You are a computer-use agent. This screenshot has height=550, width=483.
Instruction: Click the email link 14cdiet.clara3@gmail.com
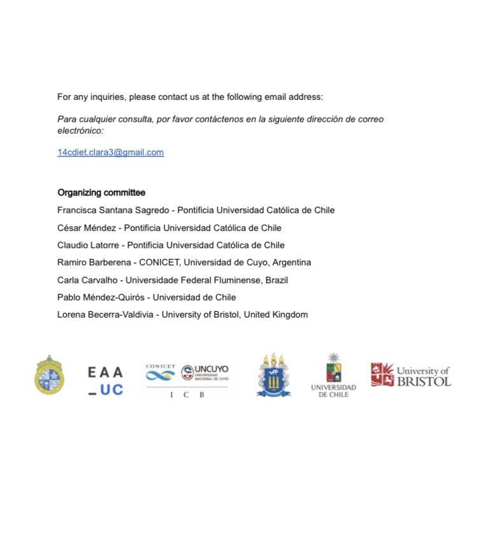[110, 152]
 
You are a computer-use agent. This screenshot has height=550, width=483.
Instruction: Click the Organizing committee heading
[101, 192]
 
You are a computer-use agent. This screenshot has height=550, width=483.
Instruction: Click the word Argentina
[292, 262]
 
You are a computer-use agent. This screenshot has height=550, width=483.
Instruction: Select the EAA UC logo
[106, 381]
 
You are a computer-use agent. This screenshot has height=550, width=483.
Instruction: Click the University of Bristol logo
[411, 376]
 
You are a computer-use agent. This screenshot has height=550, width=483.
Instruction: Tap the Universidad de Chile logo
[333, 376]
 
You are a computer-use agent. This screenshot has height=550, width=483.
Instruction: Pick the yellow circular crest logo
[49, 376]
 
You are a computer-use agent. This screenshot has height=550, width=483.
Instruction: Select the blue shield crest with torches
[274, 376]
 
